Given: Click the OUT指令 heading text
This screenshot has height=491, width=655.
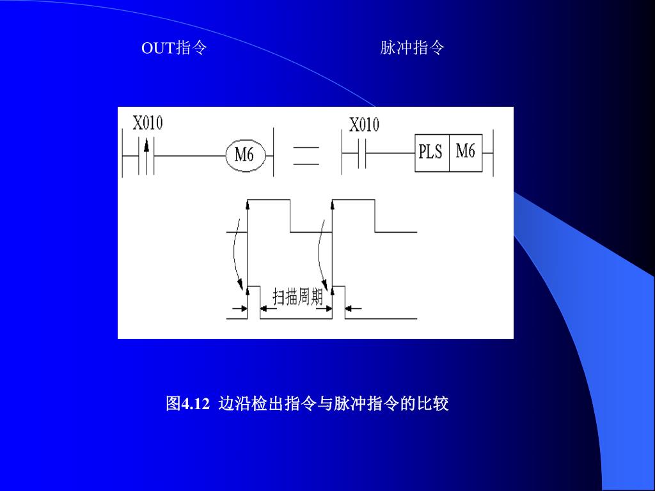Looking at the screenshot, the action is [174, 48].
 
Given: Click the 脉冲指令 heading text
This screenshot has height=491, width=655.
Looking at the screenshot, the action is [412, 48].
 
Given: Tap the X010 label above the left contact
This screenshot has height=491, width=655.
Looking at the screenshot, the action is [147, 123].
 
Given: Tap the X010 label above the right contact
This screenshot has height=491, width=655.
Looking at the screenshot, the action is [363, 124].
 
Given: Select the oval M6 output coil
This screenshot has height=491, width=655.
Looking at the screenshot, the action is [244, 155].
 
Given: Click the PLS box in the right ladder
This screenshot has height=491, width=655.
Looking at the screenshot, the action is [432, 153].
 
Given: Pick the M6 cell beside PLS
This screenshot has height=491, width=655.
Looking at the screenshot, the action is [465, 152].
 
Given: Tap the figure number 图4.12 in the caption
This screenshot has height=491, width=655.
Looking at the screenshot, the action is [187, 404].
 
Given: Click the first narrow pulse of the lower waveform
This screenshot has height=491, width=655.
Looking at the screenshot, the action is [253, 301].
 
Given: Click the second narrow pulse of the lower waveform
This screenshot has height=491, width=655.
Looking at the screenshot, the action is [338, 301].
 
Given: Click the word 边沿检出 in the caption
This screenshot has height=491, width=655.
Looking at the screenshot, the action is [243, 404].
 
